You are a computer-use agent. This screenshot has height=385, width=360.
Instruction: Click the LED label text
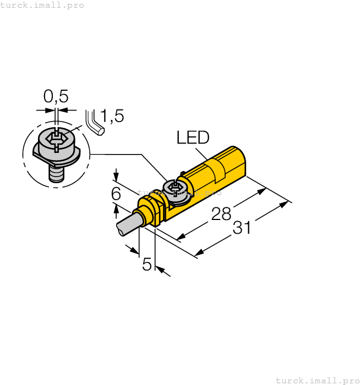pos(193,137)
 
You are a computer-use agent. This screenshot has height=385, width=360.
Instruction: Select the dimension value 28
pos(221,214)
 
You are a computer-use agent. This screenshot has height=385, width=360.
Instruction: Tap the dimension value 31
pos(242,227)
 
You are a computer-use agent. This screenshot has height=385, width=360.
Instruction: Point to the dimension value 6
pos(116,194)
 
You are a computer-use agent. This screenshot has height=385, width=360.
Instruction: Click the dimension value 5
pos(147,265)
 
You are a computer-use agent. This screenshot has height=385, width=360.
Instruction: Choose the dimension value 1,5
pos(112,116)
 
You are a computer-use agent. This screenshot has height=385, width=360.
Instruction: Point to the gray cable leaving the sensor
pos(128,224)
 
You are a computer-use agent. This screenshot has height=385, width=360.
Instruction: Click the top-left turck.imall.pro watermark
pos(42,5)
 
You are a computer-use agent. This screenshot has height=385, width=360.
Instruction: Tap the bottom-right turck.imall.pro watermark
pos(317,380)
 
